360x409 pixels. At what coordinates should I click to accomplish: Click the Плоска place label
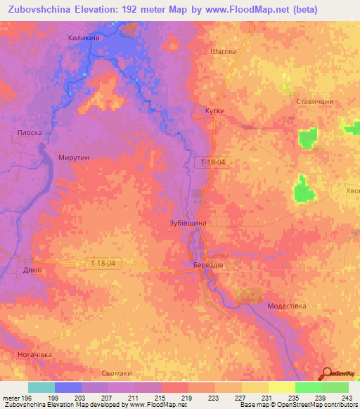30,132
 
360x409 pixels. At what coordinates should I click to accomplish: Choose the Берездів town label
210,265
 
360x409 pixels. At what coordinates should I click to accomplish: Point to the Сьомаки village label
117,373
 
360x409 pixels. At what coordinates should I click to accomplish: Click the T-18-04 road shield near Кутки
212,162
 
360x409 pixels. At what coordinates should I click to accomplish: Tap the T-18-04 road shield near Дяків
103,263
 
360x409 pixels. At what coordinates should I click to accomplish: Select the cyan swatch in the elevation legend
41,387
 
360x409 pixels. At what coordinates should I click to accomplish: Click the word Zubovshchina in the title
44,10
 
